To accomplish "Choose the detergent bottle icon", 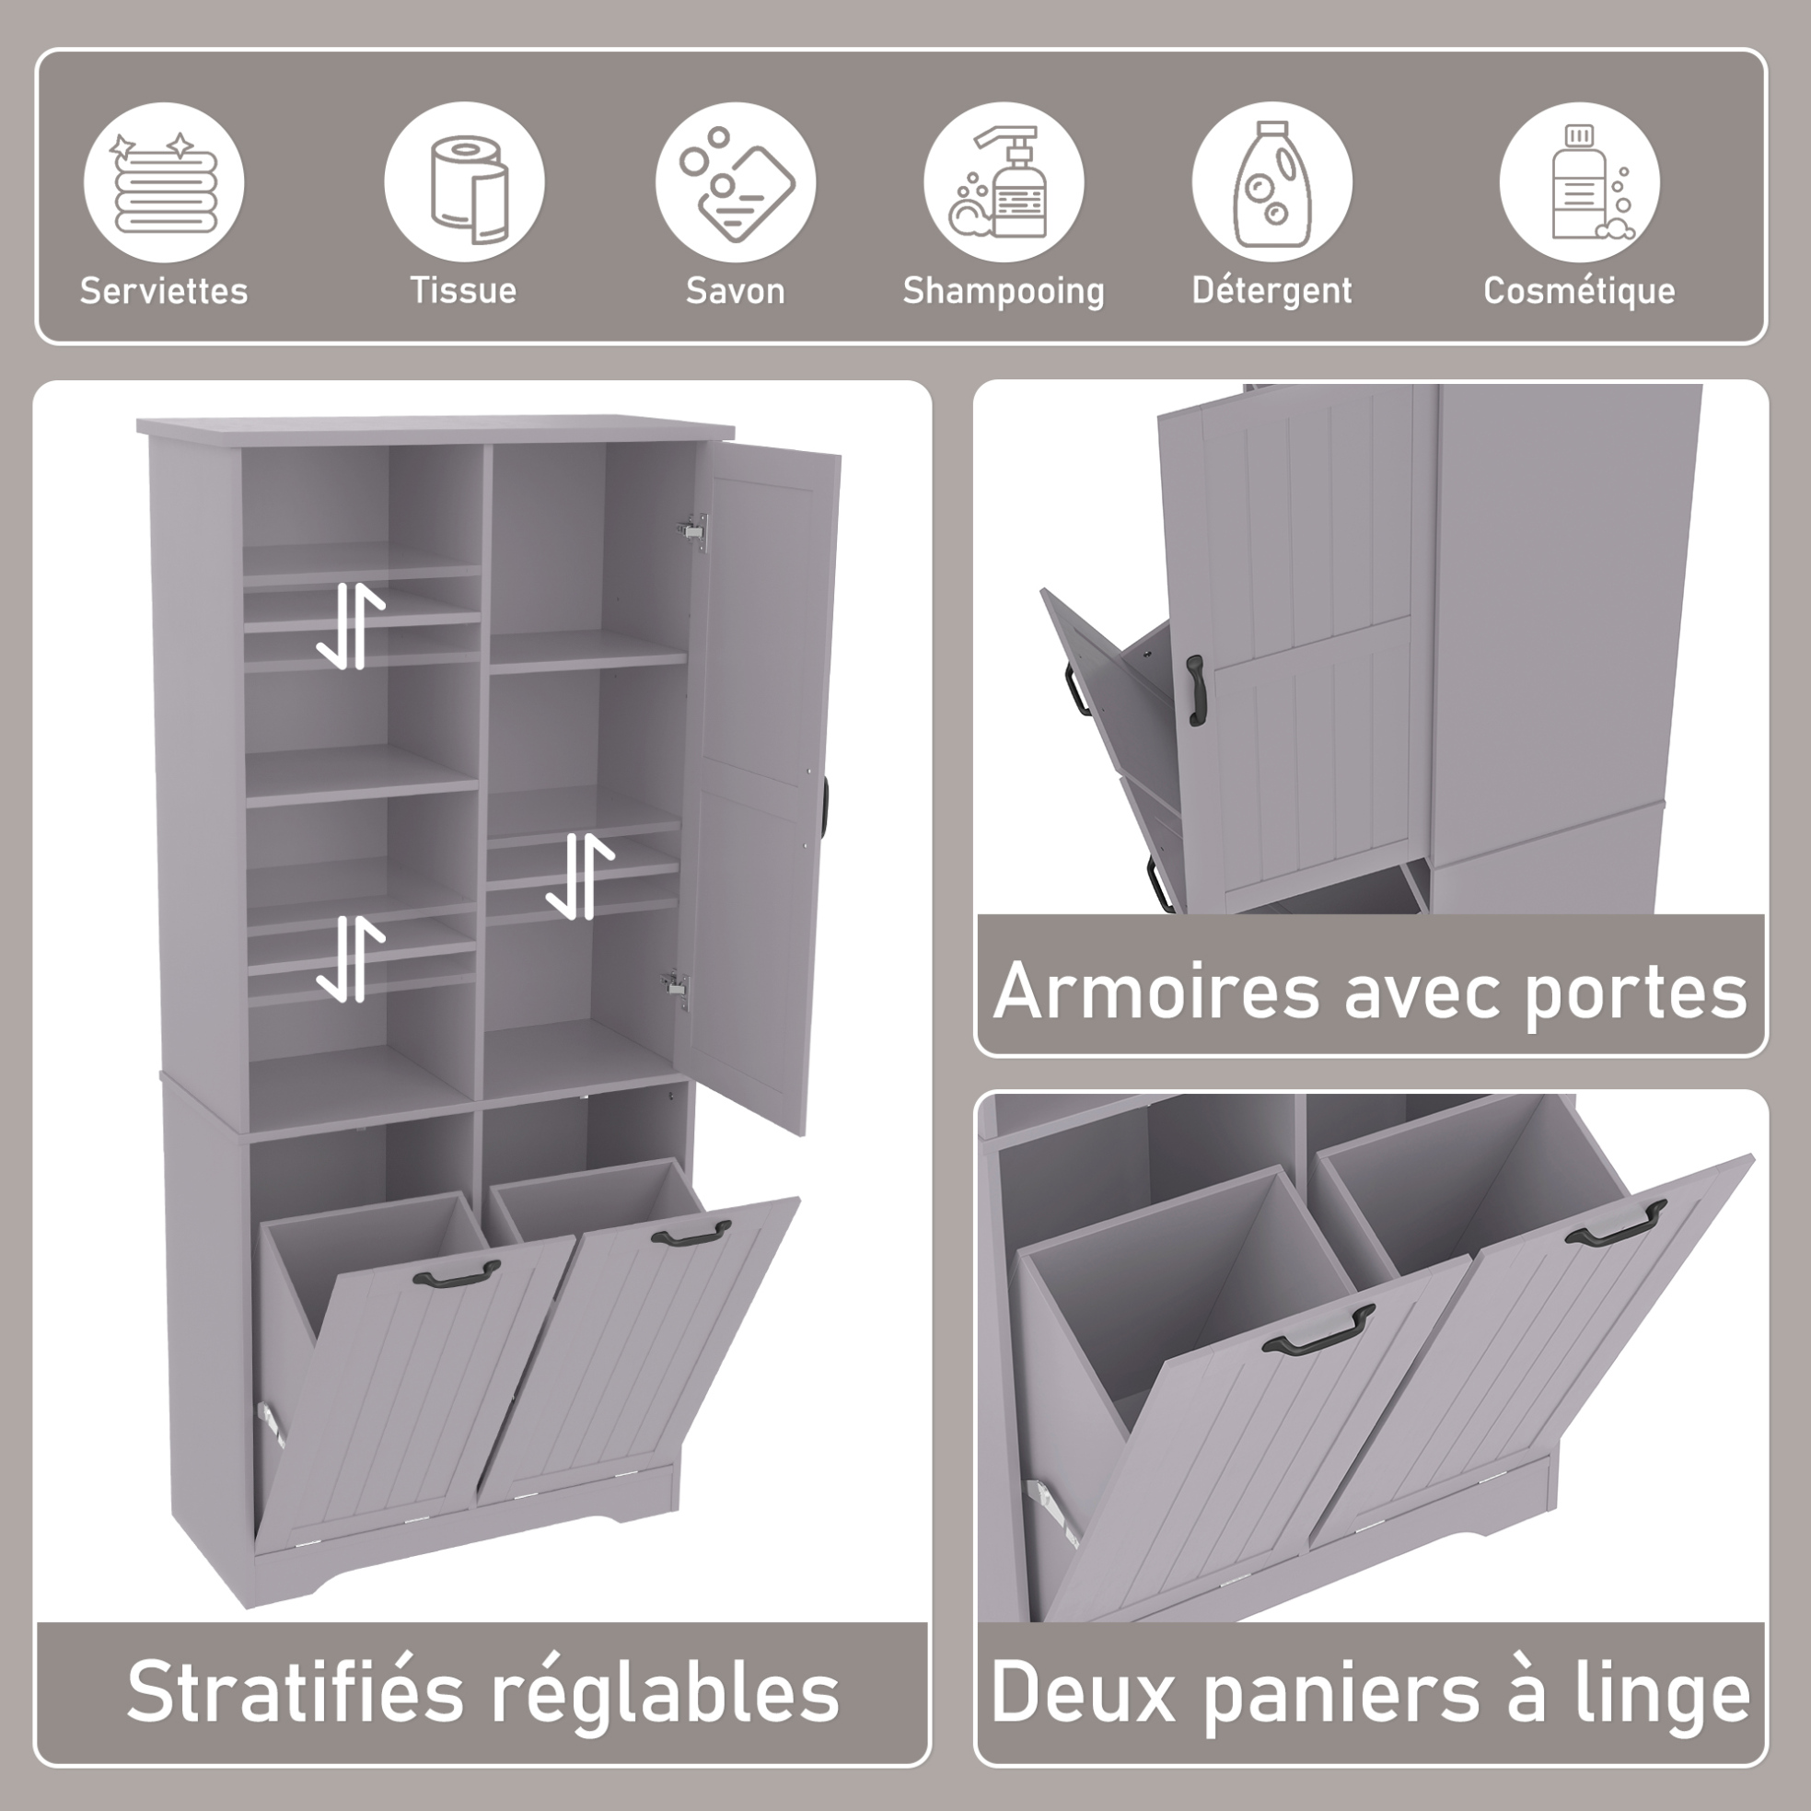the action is coord(1272,184).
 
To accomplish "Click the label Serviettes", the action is coord(164,292).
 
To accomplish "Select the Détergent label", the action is coord(1272,292).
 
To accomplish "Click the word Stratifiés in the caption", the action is coord(296,1692).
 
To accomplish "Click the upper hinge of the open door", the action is coord(691,528).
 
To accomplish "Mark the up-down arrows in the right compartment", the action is coord(579,876).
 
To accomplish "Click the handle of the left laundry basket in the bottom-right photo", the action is coord(1318,1331).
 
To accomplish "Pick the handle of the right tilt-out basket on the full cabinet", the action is coord(691,1235).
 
